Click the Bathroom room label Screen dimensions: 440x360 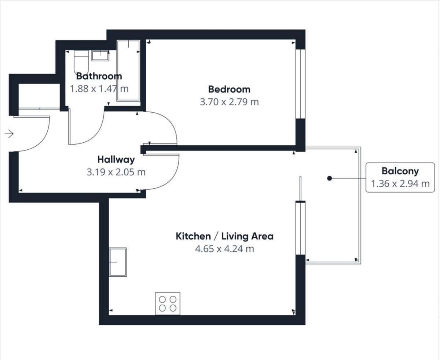(x=99, y=76)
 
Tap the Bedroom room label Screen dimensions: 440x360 (x=229, y=90)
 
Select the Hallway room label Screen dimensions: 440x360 (x=116, y=160)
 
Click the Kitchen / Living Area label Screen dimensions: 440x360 (x=224, y=236)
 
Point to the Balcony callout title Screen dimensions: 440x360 (x=400, y=171)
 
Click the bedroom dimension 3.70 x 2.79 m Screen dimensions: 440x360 (x=229, y=102)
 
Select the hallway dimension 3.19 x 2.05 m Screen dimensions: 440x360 (x=116, y=172)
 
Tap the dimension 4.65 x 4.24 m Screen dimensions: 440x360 (x=224, y=249)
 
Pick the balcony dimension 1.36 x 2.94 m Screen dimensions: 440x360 (x=400, y=184)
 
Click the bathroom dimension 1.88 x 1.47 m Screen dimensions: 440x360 (x=99, y=89)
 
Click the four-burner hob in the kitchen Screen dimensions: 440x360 (x=168, y=303)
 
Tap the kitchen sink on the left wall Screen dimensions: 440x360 (x=118, y=262)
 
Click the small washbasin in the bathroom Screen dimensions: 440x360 (x=100, y=55)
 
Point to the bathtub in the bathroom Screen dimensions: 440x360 (x=128, y=70)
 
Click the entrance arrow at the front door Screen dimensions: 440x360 (x=9, y=134)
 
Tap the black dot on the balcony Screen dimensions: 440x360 (x=329, y=178)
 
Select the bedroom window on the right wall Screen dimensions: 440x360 (x=300, y=84)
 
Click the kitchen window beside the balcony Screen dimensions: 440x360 (x=300, y=229)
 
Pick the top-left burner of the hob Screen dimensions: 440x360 (x=162, y=299)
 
